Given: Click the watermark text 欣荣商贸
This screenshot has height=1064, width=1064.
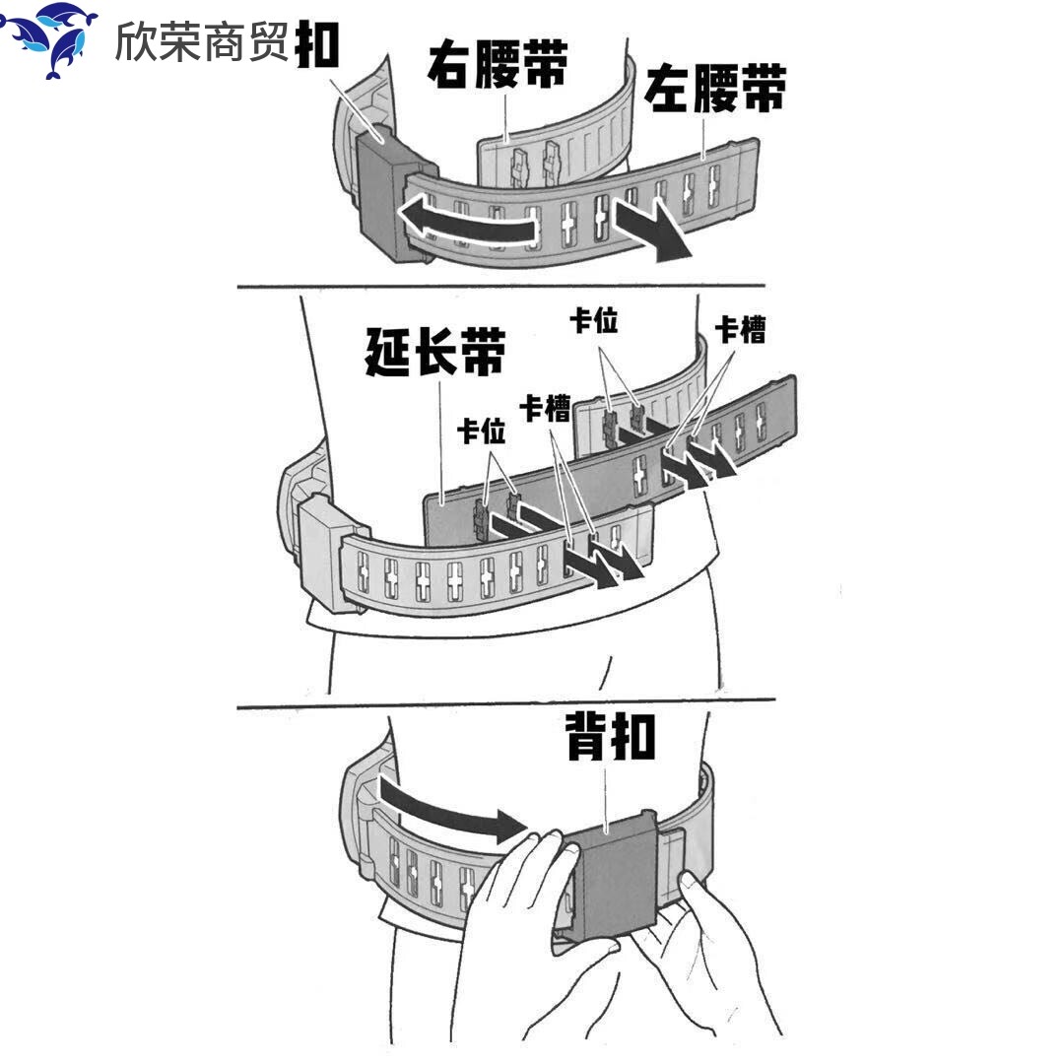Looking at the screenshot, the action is (x=202, y=41).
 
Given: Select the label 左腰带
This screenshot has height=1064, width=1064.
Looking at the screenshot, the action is (x=716, y=91).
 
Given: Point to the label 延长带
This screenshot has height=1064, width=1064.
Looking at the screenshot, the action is (x=435, y=352).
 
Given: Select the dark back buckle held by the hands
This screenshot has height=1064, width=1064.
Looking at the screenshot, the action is (x=612, y=882).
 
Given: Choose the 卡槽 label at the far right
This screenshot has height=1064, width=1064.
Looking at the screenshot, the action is (x=740, y=330).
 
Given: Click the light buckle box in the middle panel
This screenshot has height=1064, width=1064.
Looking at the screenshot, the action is (x=319, y=551).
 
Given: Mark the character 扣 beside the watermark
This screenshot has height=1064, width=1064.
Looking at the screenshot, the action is (x=317, y=44).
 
